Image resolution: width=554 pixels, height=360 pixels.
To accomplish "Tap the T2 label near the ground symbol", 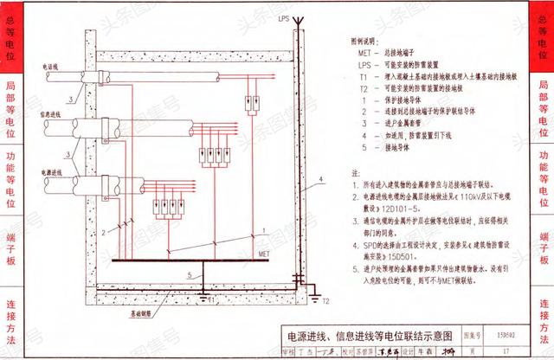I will [326, 304].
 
